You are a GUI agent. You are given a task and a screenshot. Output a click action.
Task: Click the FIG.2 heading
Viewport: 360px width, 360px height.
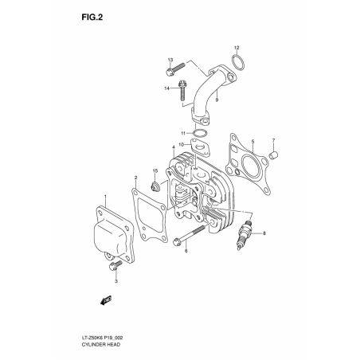tap(92, 18)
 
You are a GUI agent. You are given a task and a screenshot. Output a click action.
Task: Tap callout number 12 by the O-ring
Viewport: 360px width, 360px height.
tap(237, 48)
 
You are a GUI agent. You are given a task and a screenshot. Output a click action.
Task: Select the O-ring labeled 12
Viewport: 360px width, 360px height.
tap(237, 63)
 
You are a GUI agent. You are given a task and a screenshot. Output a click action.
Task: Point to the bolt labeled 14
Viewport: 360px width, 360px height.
tap(182, 90)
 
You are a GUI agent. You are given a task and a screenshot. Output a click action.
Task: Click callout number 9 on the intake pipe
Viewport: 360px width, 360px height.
tap(217, 100)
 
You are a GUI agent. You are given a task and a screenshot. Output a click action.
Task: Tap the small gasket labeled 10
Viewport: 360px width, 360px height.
tap(201, 147)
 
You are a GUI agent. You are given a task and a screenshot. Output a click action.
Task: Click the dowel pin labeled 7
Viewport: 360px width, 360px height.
tap(273, 155)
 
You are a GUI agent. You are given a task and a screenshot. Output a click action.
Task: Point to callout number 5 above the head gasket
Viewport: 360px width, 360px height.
tap(252, 142)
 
